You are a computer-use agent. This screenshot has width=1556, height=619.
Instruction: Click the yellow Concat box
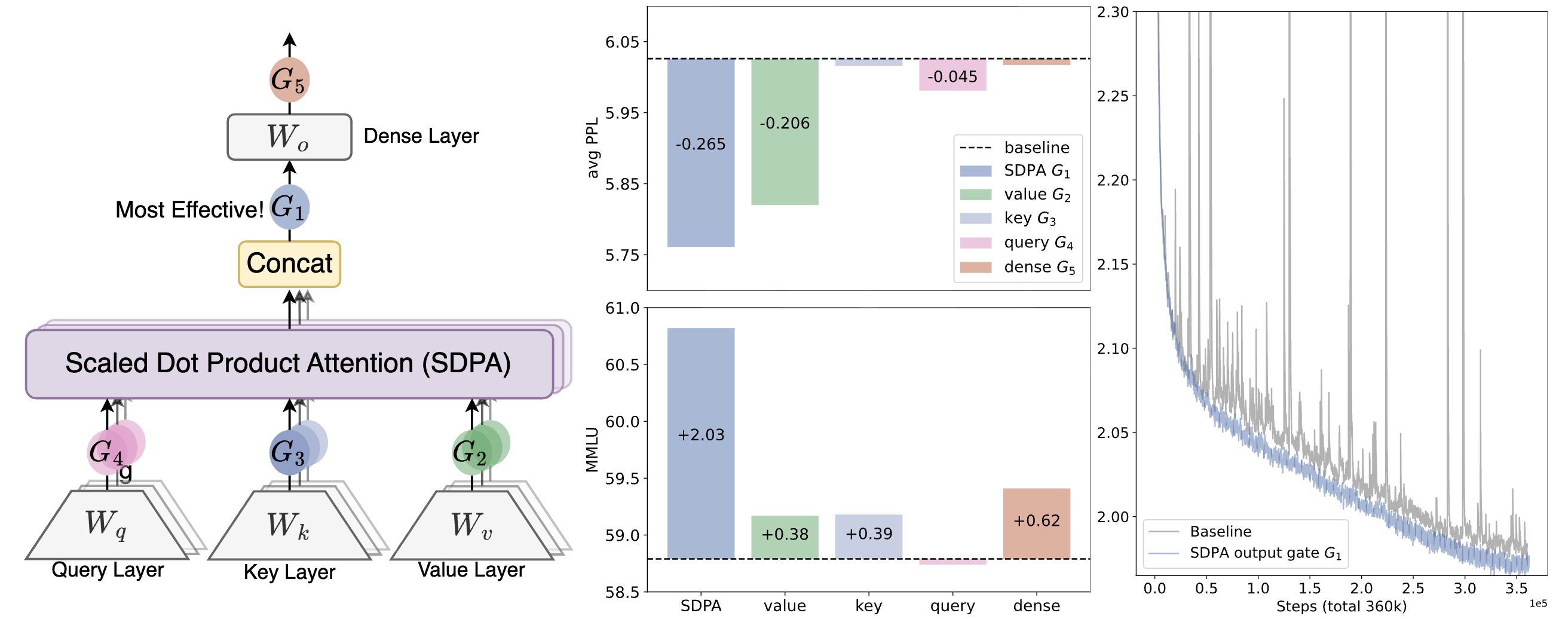[289, 264]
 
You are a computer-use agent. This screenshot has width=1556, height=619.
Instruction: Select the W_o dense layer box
[289, 137]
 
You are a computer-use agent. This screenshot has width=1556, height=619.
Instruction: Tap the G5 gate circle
[289, 79]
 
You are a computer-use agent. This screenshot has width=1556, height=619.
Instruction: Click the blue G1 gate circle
[289, 207]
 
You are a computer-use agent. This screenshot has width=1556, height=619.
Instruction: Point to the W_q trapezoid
[107, 524]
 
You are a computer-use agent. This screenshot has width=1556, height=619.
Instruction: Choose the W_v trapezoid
[471, 524]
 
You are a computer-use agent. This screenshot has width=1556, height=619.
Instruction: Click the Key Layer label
[289, 571]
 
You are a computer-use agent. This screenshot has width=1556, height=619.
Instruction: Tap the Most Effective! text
[189, 210]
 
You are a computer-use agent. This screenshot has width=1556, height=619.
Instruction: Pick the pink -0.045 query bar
[952, 75]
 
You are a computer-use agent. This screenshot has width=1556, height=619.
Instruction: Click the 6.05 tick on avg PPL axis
[621, 42]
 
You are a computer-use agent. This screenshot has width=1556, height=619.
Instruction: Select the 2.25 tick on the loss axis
[1113, 96]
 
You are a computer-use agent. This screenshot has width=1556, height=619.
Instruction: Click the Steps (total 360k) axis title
[1341, 606]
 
